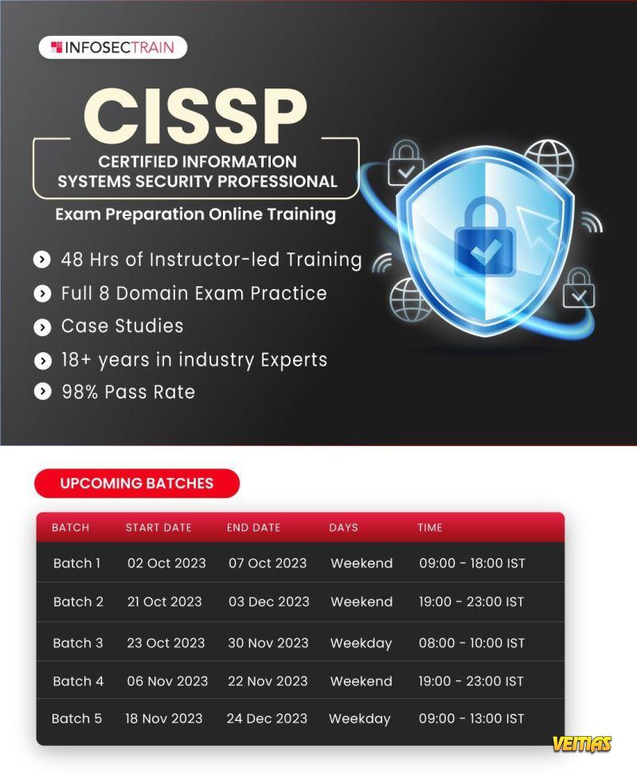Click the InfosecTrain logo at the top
click(x=113, y=47)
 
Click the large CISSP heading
click(x=195, y=117)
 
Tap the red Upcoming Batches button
click(x=137, y=483)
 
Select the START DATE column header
click(x=158, y=527)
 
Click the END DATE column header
click(x=254, y=527)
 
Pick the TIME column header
click(x=430, y=527)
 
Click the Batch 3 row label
click(x=78, y=643)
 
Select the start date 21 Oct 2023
click(x=165, y=602)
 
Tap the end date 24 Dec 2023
click(x=267, y=719)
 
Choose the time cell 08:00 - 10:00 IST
click(x=471, y=643)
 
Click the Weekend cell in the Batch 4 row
click(x=361, y=681)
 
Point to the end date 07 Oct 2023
click(x=268, y=563)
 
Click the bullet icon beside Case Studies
click(x=42, y=327)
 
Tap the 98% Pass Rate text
click(x=128, y=392)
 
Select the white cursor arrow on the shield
click(x=537, y=225)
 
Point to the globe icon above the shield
click(x=549, y=161)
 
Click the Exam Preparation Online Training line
click(x=195, y=214)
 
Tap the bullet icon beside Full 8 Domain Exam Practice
click(x=42, y=293)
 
